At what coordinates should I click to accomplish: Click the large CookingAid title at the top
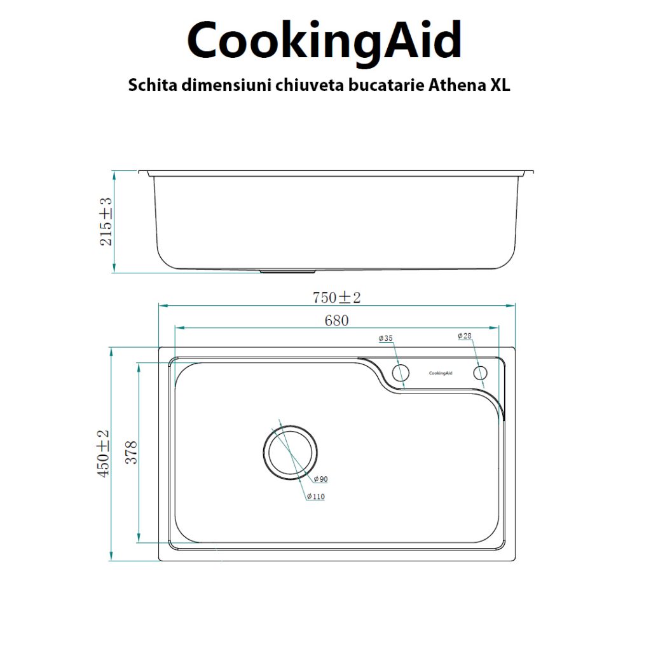click(325, 41)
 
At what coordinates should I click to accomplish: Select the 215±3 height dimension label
click(106, 221)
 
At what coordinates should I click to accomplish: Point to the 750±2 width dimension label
click(336, 297)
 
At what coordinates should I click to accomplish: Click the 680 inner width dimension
click(336, 320)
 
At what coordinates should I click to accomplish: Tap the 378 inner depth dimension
click(131, 453)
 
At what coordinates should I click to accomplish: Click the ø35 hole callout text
click(385, 339)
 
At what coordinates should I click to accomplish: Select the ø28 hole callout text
click(465, 336)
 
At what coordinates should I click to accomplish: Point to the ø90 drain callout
click(320, 479)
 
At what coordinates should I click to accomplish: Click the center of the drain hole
click(291, 451)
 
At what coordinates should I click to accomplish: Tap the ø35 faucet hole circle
click(401, 373)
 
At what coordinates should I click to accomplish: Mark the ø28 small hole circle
click(479, 373)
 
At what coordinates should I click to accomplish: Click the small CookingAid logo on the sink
click(441, 373)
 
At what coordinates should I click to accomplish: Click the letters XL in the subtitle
click(500, 86)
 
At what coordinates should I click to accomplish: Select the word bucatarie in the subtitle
click(377, 86)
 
